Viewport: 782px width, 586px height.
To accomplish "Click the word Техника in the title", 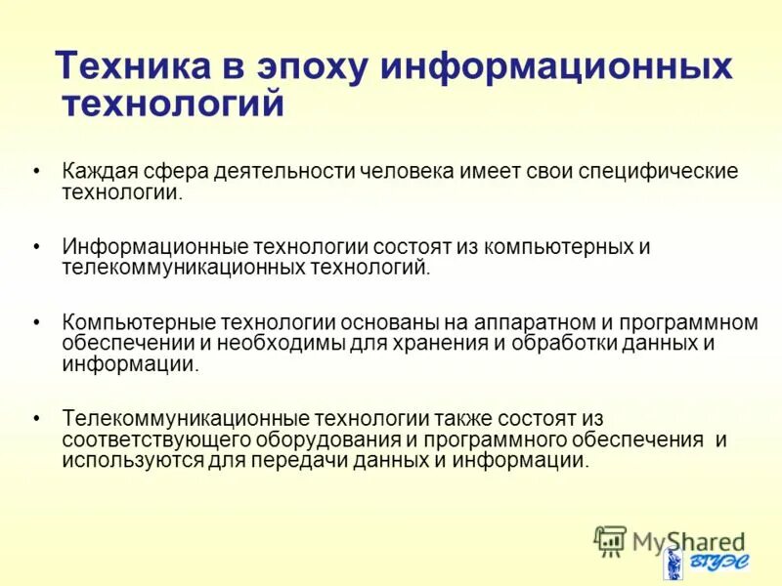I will (132, 66).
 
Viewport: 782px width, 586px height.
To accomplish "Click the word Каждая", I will (100, 171).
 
